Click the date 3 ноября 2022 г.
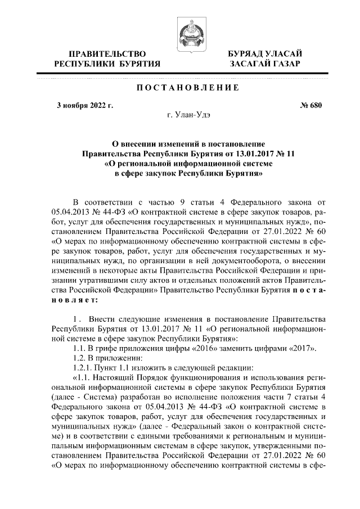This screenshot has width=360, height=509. pos(85,105)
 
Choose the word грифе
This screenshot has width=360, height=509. pos(112,349)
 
